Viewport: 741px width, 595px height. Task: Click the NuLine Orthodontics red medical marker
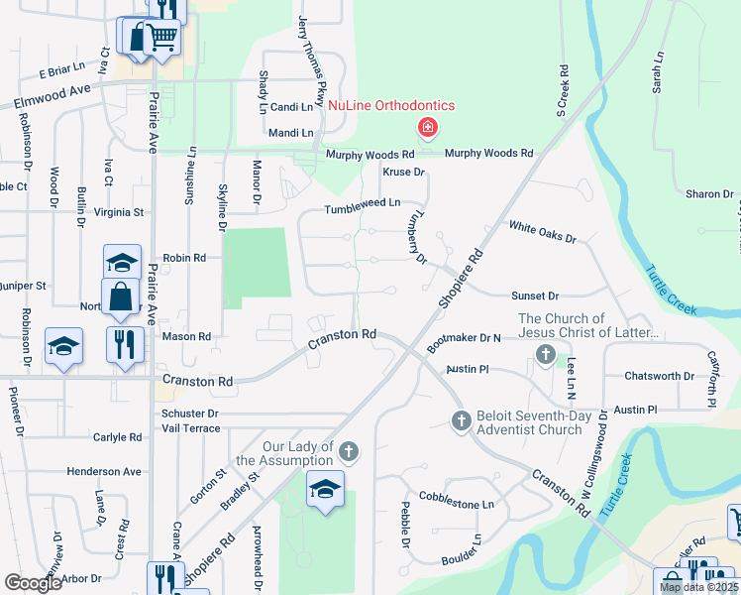pyautogui.click(x=428, y=128)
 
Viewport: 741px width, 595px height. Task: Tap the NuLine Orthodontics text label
pyautogui.click(x=391, y=106)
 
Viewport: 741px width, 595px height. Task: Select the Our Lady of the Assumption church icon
pyautogui.click(x=348, y=453)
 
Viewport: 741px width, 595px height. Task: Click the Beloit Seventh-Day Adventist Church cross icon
pyautogui.click(x=461, y=421)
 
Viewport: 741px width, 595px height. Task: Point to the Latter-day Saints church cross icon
pyautogui.click(x=545, y=355)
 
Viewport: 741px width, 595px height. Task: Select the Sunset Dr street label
pyautogui.click(x=535, y=296)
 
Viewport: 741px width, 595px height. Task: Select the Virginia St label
pyautogui.click(x=119, y=212)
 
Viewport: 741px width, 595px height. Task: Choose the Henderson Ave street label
pyautogui.click(x=104, y=472)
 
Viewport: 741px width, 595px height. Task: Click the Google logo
pyautogui.click(x=33, y=583)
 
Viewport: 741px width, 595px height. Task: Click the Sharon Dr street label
pyautogui.click(x=709, y=194)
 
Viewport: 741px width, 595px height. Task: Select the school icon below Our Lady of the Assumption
pyautogui.click(x=325, y=492)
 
